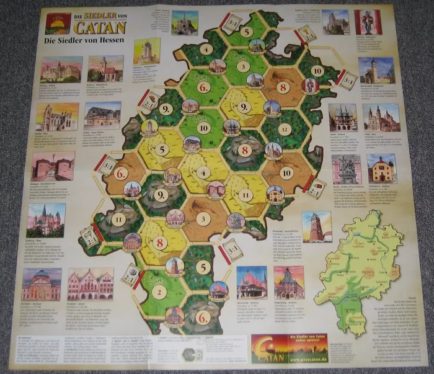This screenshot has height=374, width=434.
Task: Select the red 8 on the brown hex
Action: (282, 87)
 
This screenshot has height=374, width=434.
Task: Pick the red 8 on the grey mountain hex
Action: (245, 150)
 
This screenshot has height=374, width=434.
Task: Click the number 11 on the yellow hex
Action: (246, 194)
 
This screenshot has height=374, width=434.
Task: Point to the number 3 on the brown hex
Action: (203, 218)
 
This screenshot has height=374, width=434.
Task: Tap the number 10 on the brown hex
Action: (286, 172)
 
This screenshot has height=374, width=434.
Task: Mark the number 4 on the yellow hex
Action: (203, 172)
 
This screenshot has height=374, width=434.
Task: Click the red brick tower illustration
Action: (316, 226)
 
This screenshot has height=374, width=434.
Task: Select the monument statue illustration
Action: (346, 169)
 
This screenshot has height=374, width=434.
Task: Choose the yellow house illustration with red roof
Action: (381, 168)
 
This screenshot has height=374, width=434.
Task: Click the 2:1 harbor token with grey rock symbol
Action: (131, 274)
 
